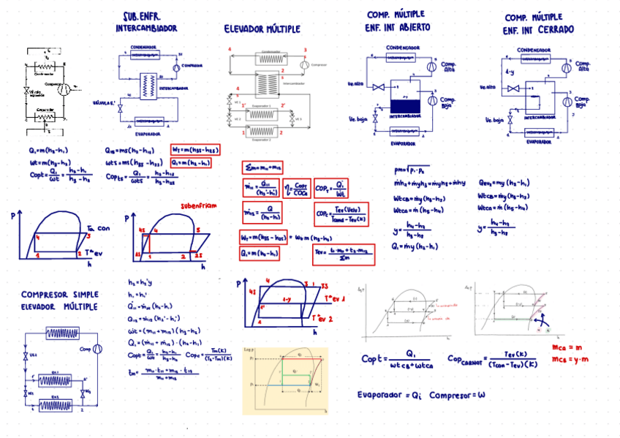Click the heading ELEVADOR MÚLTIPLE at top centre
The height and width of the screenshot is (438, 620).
262,29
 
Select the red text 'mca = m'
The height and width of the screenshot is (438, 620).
567,347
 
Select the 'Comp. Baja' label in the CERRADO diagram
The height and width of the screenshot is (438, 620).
581,102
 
